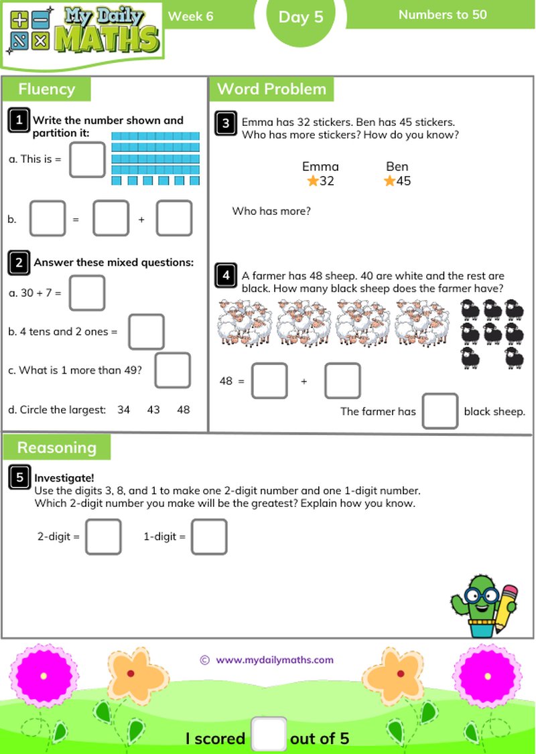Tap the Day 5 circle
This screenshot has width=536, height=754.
pyautogui.click(x=301, y=17)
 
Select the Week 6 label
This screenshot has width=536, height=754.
pyautogui.click(x=191, y=16)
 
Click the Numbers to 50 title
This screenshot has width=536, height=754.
pyautogui.click(x=442, y=15)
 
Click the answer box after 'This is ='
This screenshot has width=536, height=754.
pyautogui.click(x=87, y=159)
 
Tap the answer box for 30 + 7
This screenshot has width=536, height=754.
pyautogui.click(x=87, y=293)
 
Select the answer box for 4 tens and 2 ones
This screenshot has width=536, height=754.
pyautogui.click(x=146, y=331)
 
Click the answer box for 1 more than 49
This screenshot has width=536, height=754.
pyautogui.click(x=172, y=370)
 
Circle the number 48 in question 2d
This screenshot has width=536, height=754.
pyautogui.click(x=184, y=409)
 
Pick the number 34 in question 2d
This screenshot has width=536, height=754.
pyautogui.click(x=123, y=409)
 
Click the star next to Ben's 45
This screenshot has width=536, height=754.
pyautogui.click(x=389, y=181)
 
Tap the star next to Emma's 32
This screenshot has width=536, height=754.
pyautogui.click(x=312, y=181)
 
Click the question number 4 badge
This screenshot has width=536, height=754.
pyautogui.click(x=226, y=275)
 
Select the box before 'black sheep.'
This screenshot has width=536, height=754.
pyautogui.click(x=440, y=411)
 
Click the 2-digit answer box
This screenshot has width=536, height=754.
pyautogui.click(x=104, y=537)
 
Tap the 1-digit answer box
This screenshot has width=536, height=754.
pyautogui.click(x=209, y=537)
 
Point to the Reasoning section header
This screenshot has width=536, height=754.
pyautogui.click(x=57, y=447)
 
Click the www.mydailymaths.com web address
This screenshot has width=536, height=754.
pyautogui.click(x=275, y=660)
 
